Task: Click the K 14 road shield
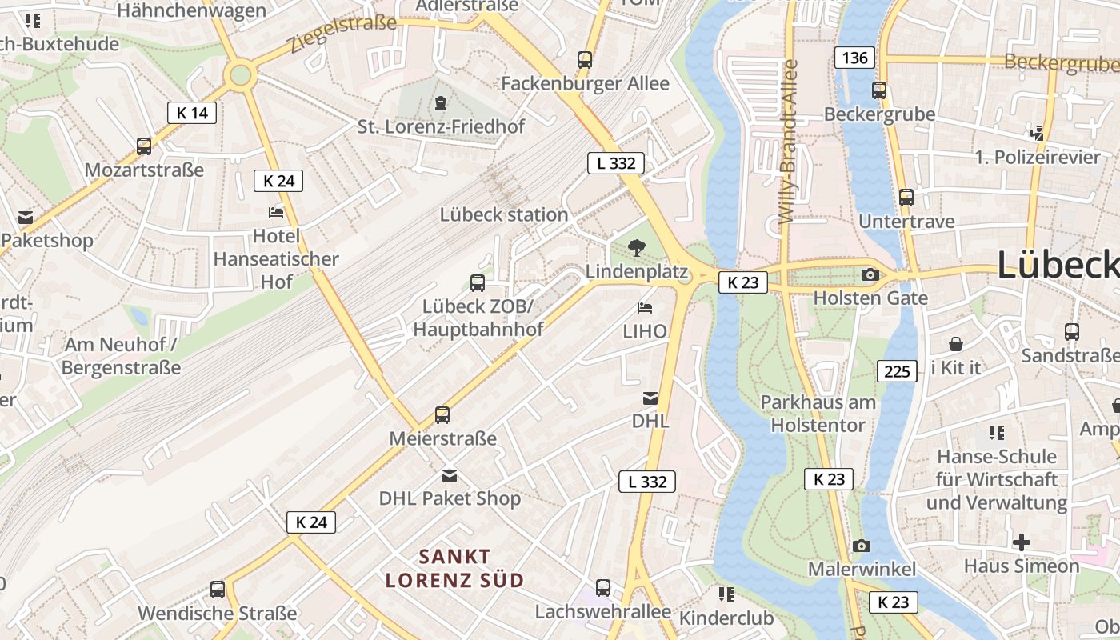(x=192, y=113)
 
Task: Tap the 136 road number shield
(x=854, y=58)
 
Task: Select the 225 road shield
(x=897, y=371)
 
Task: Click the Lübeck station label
(x=504, y=214)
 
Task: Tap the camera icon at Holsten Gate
(x=870, y=275)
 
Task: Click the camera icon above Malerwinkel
(x=861, y=546)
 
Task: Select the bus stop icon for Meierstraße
(x=442, y=415)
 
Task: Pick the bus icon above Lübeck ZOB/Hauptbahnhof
(x=478, y=282)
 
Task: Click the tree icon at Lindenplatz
(x=637, y=248)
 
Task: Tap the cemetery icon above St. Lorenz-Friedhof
(x=440, y=102)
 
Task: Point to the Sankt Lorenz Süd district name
(x=454, y=568)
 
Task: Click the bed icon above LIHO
(x=645, y=308)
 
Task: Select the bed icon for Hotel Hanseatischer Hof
(x=276, y=213)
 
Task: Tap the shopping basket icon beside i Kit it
(x=955, y=345)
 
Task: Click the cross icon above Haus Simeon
(x=1021, y=542)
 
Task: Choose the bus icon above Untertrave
(x=906, y=198)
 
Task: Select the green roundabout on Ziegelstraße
(x=239, y=77)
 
